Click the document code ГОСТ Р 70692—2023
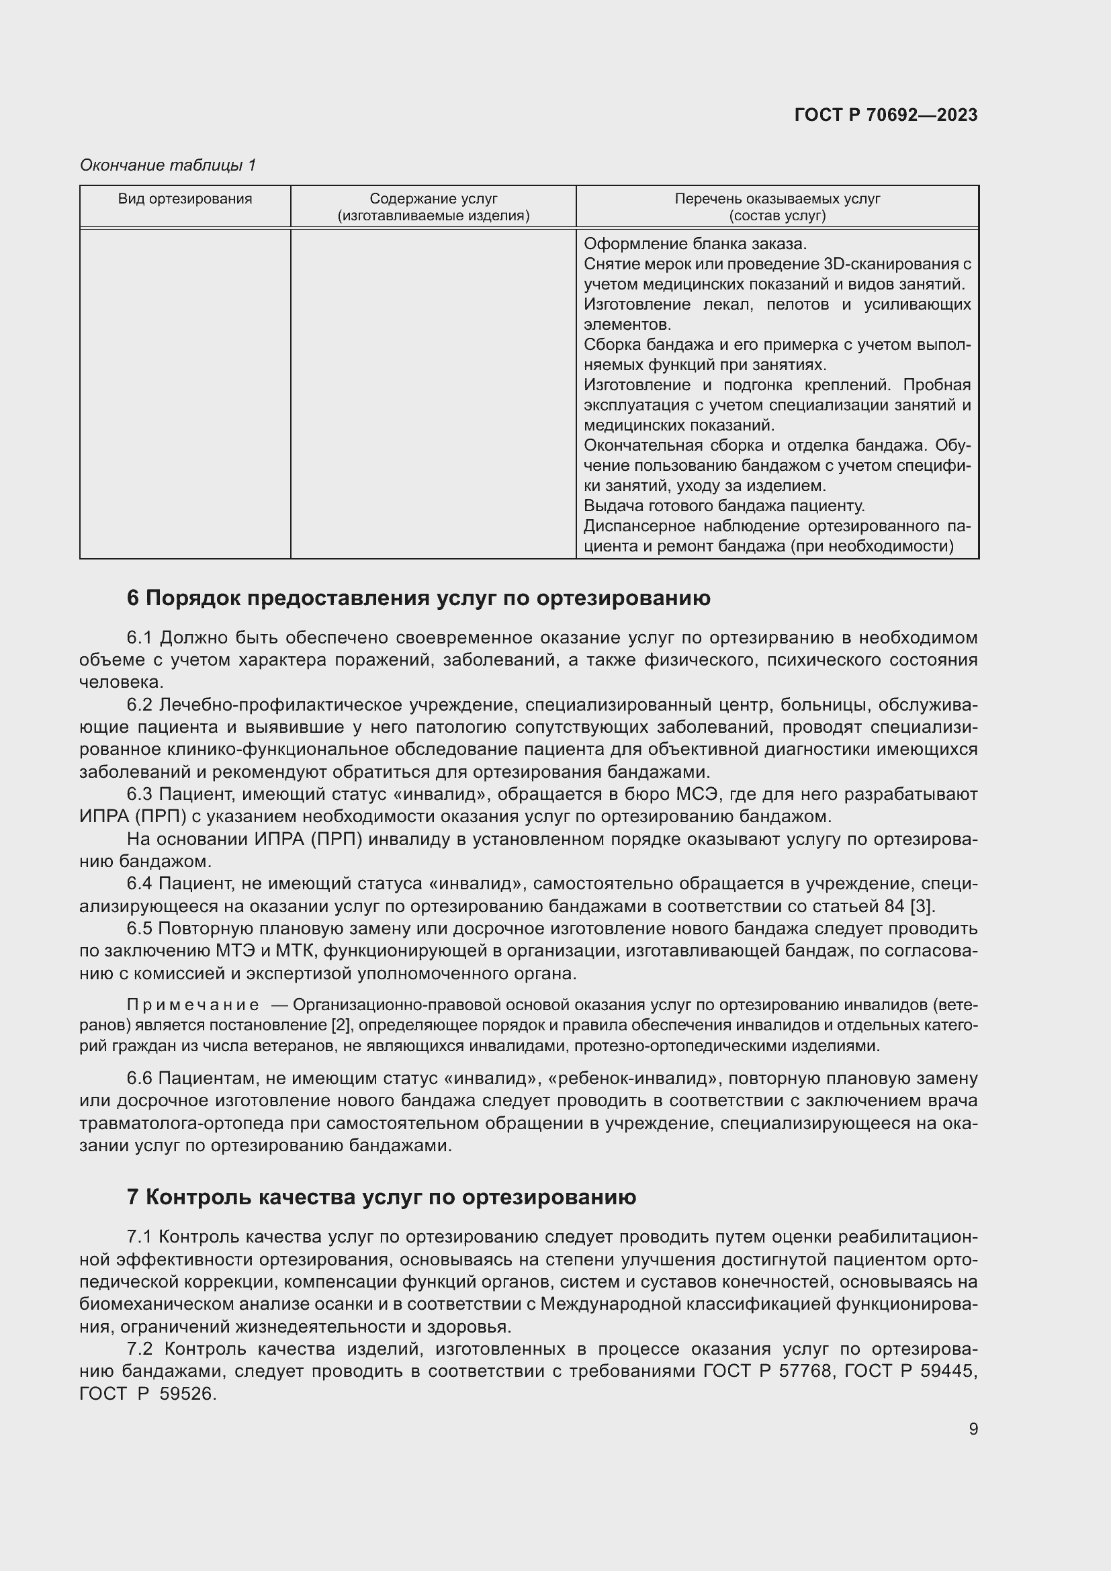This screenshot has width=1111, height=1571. tap(885, 115)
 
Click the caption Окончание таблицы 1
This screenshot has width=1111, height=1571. tap(168, 165)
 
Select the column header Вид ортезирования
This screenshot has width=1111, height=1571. tap(185, 199)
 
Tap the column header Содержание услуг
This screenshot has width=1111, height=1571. tap(433, 199)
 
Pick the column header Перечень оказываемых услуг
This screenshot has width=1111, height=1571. tap(777, 199)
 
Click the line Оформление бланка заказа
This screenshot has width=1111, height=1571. tap(695, 244)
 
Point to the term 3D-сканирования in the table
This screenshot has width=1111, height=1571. tap(887, 264)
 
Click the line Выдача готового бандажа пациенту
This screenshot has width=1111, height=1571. tap(724, 506)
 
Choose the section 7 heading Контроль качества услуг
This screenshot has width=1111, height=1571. tap(382, 1197)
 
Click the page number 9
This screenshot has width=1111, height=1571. tap(973, 1429)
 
